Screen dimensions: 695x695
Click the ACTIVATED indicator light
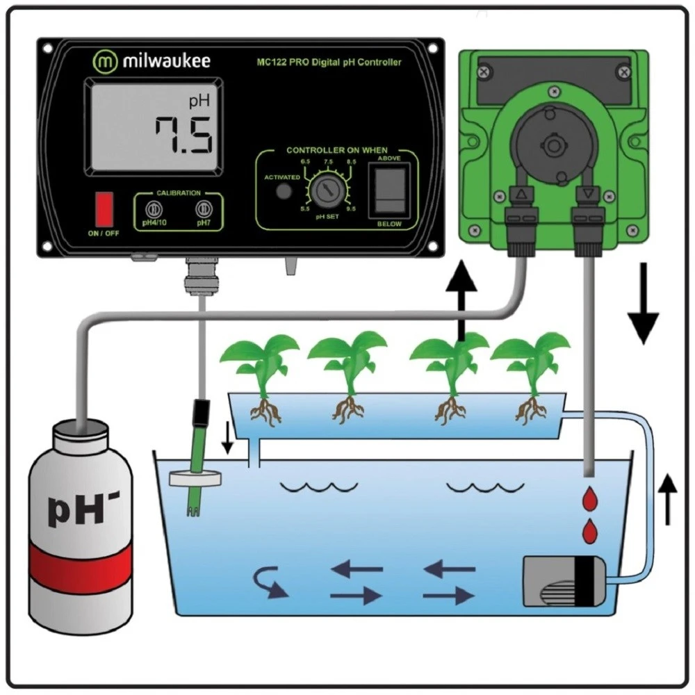[x=282, y=191]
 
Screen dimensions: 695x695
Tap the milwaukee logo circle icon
[x=105, y=60]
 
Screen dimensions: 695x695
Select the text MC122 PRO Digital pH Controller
[x=329, y=63]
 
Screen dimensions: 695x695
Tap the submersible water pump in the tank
[x=565, y=582]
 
